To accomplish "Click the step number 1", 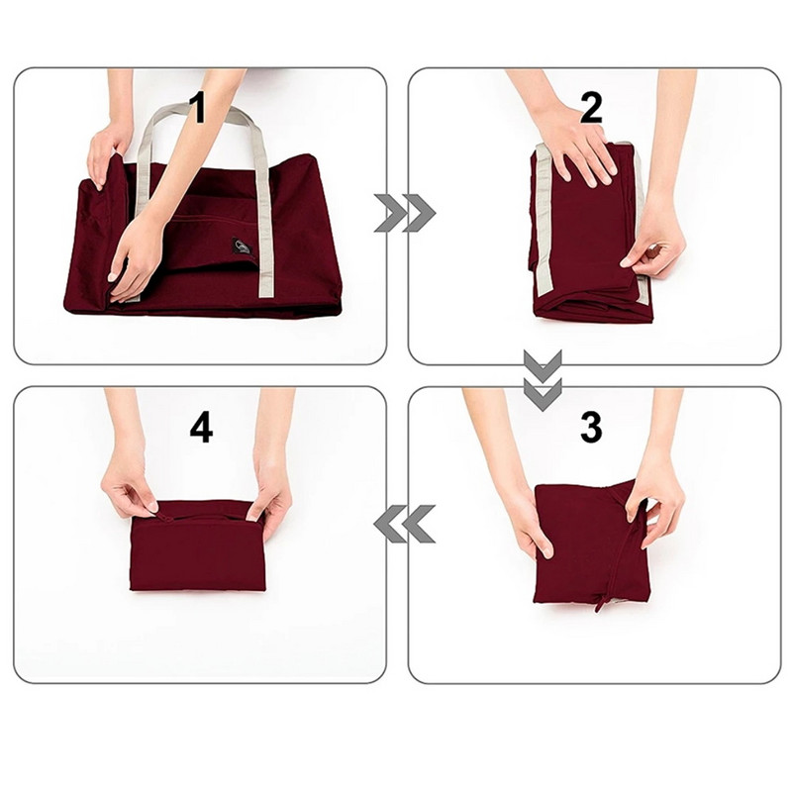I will coord(198,108).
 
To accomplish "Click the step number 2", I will coord(591,108).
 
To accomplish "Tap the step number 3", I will coord(590,428).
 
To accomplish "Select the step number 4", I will coord(201,428).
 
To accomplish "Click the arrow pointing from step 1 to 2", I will coord(404,213).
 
